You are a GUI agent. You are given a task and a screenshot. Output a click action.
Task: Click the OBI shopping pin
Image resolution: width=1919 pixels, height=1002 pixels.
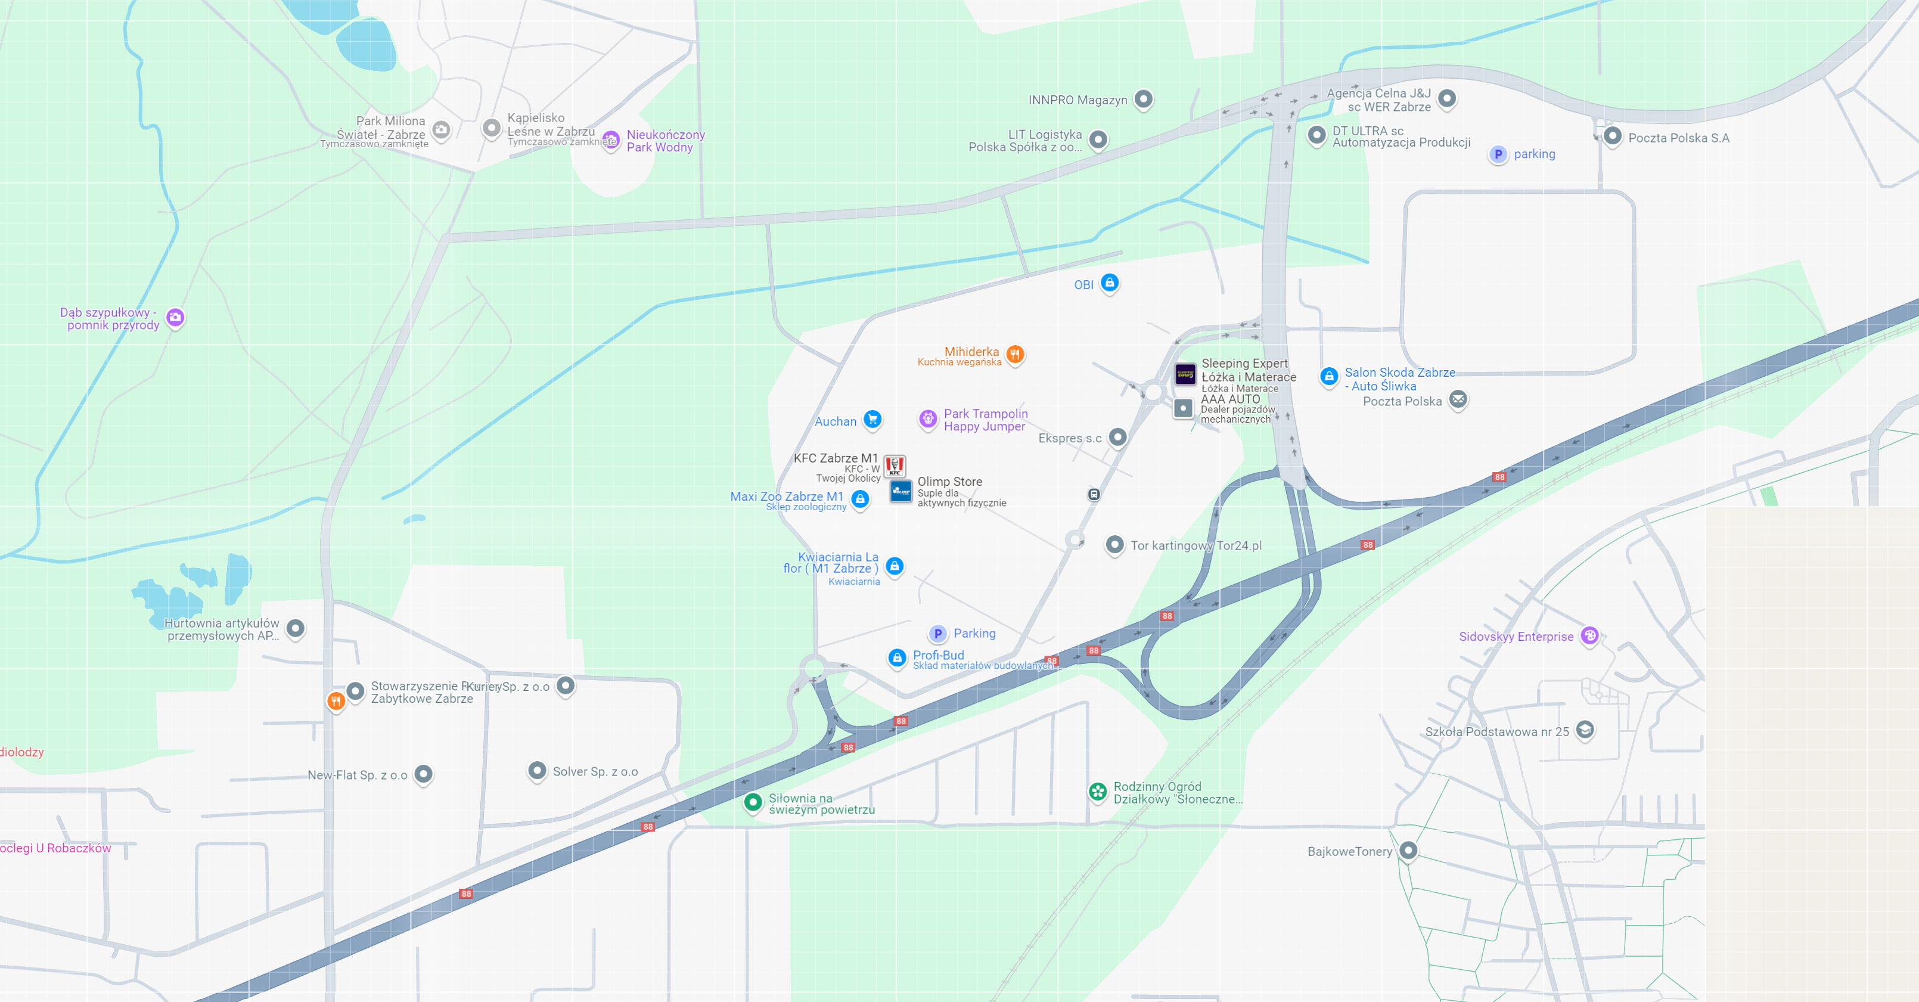[x=1109, y=283]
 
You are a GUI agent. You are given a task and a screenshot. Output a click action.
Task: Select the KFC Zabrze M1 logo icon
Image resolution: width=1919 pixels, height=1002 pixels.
[x=895, y=466]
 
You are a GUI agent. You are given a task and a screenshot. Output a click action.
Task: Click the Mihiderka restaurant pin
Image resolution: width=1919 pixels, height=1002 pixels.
[x=1014, y=355]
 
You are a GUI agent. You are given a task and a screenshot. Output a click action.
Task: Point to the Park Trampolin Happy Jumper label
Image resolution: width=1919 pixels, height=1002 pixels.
[x=985, y=420]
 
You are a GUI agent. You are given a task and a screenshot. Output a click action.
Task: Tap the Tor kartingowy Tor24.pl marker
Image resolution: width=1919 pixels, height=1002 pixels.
[x=1114, y=545]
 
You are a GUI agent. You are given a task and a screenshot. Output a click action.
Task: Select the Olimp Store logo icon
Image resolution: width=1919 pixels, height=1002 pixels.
[x=900, y=491]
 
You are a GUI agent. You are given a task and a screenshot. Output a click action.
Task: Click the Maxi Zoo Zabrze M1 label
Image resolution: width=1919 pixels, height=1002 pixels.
[x=787, y=496]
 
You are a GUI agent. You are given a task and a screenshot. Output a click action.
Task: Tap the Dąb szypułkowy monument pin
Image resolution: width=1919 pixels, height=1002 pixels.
[x=175, y=317]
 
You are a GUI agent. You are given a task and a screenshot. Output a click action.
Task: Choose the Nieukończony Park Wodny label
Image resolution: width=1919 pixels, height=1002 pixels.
[x=665, y=141]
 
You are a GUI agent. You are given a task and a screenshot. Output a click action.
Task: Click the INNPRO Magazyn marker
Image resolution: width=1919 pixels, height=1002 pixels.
[x=1144, y=98]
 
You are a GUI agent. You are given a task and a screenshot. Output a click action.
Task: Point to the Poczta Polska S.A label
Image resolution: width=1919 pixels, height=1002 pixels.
[x=1678, y=138]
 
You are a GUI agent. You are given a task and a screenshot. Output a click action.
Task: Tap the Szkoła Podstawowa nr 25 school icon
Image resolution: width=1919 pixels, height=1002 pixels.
[x=1585, y=730]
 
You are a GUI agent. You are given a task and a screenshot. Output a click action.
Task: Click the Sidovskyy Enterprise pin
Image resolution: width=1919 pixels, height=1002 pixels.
[x=1590, y=635]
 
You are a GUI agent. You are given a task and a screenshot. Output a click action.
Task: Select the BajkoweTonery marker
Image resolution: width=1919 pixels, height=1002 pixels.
[x=1408, y=850]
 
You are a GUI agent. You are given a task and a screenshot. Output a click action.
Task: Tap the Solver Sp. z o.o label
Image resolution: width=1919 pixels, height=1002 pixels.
[x=595, y=772]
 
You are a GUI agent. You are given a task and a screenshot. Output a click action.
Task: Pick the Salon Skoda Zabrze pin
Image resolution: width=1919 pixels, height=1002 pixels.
[x=1329, y=377]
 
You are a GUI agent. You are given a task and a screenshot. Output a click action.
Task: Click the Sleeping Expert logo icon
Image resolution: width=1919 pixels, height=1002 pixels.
[x=1185, y=373]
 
